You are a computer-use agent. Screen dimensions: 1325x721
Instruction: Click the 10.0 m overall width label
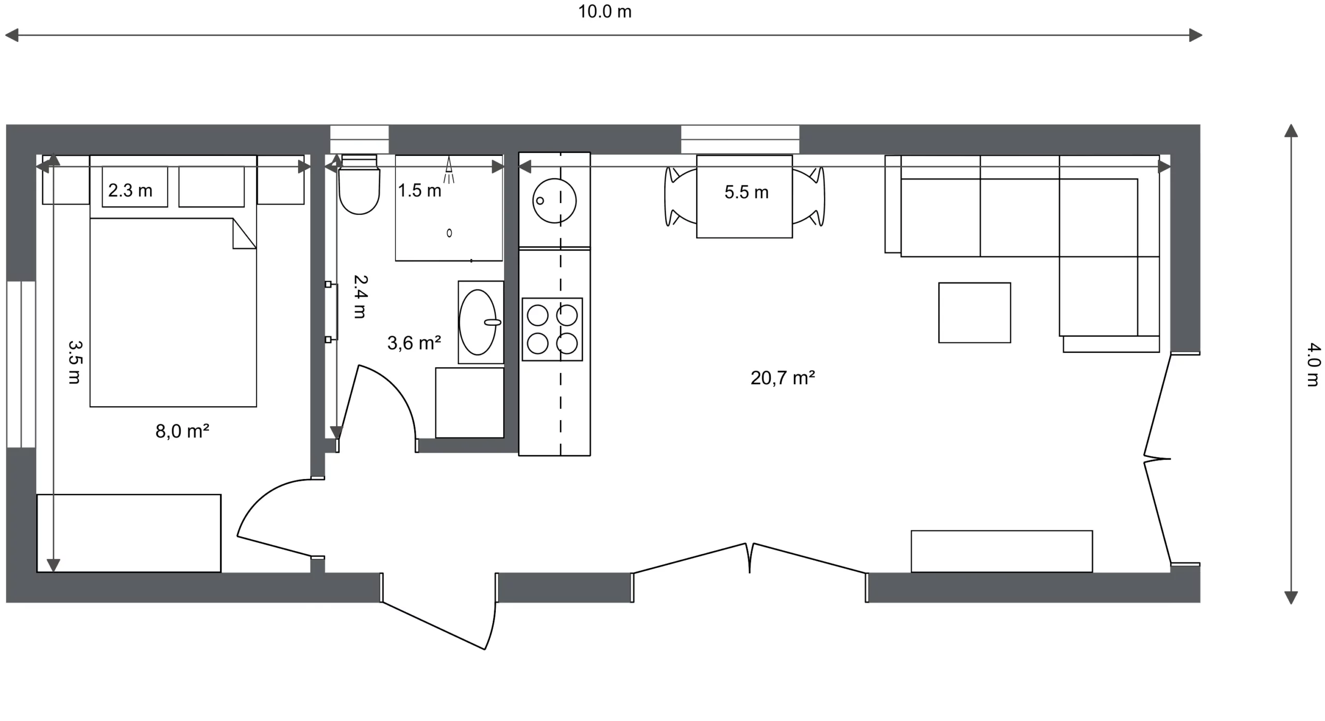pos(605,11)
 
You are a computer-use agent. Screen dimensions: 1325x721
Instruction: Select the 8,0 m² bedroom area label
pos(182,431)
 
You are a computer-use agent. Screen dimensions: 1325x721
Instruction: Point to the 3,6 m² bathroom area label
pos(414,343)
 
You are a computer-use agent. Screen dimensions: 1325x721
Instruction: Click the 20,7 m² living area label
pos(783,378)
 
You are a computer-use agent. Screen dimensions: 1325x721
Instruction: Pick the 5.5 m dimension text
pos(746,192)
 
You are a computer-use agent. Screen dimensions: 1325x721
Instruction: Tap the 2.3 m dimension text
pos(130,191)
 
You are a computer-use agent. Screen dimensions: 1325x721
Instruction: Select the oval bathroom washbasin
pos(478,322)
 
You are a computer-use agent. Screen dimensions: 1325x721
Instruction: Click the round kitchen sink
pos(554,201)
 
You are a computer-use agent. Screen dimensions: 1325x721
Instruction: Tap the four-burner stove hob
pos(552,329)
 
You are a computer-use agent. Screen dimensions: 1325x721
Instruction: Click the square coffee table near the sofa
pos(975,313)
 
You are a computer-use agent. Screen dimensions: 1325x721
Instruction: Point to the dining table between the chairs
pos(744,197)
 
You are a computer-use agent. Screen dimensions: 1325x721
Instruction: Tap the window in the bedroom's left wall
pos(21,365)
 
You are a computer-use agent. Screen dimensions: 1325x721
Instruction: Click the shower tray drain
pos(449,233)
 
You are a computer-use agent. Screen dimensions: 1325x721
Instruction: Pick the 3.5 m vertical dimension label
pos(75,362)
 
